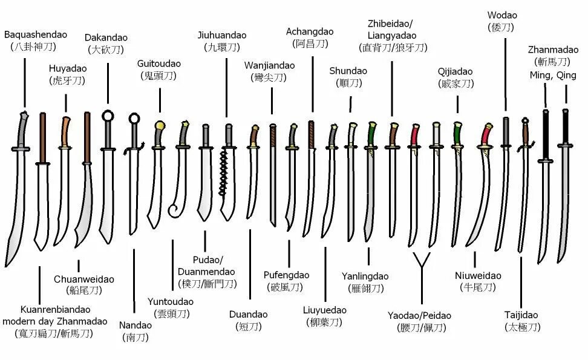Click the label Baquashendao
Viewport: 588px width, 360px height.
pyautogui.click(x=36, y=34)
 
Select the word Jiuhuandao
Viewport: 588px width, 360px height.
pyautogui.click(x=222, y=34)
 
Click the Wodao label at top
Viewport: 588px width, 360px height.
pyautogui.click(x=503, y=15)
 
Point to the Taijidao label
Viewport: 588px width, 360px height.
pyautogui.click(x=521, y=315)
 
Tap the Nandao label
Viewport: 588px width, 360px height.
pyautogui.click(x=136, y=325)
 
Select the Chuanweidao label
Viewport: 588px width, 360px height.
pyautogui.click(x=84, y=279)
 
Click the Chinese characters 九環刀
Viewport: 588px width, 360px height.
pyautogui.click(x=222, y=47)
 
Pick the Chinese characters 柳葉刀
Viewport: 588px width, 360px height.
pyautogui.click(x=324, y=322)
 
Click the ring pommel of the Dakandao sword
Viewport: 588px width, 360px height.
pyautogui.click(x=108, y=116)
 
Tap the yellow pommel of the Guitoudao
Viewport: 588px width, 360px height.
pyautogui.click(x=160, y=126)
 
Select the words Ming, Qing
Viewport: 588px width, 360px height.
pyautogui.click(x=553, y=75)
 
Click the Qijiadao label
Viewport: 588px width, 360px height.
pyautogui.click(x=455, y=71)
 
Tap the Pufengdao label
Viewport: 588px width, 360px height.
pyautogui.click(x=286, y=275)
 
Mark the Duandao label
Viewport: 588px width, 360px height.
pyautogui.click(x=248, y=315)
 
